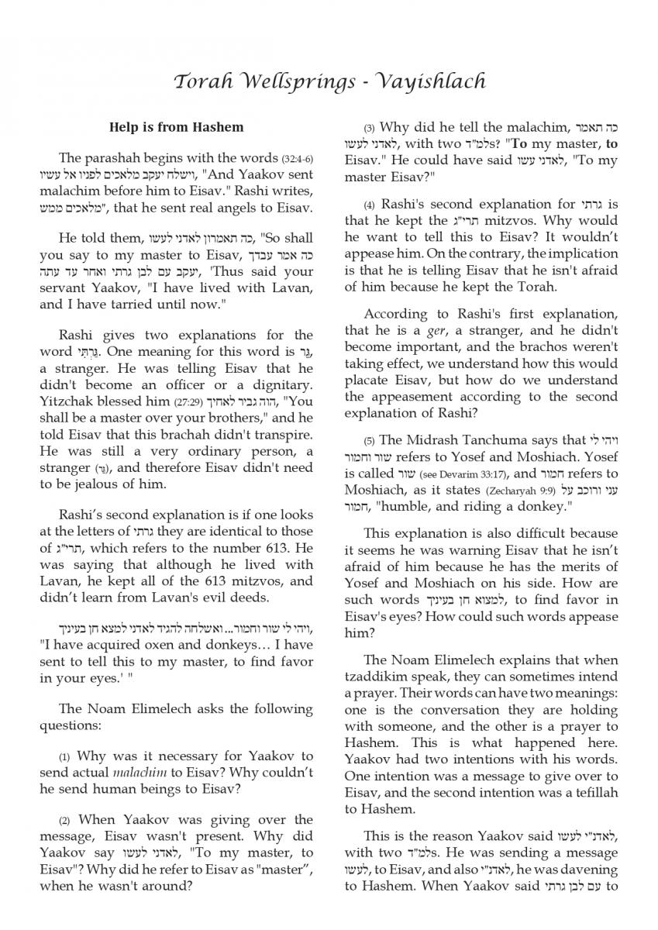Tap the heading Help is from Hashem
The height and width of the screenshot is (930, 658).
(x=177, y=127)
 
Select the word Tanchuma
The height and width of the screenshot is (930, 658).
(x=497, y=440)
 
